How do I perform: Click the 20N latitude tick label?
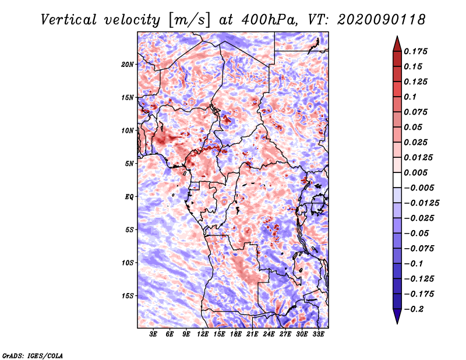click(x=128, y=64)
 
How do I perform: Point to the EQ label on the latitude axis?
click(x=129, y=197)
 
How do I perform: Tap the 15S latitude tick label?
click(x=128, y=296)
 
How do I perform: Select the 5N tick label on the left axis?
click(x=129, y=164)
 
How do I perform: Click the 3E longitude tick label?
click(x=154, y=334)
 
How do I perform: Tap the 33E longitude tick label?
click(x=319, y=334)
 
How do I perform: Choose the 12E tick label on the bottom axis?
click(x=203, y=334)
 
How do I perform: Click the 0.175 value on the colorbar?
click(x=417, y=51)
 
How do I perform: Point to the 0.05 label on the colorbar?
click(x=415, y=127)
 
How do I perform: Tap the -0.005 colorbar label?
click(x=422, y=188)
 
